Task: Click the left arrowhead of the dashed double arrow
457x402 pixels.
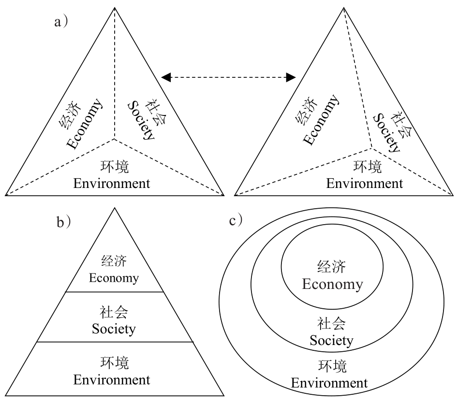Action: point(166,76)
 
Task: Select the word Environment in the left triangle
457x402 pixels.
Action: point(112,184)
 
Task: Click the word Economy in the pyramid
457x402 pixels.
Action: point(114,278)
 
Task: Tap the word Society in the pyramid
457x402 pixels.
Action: point(114,329)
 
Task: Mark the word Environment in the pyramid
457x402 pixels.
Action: point(112,380)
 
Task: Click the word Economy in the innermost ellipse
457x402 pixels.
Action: point(332,284)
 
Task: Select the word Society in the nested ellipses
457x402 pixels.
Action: point(332,340)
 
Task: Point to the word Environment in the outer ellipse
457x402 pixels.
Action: point(329,384)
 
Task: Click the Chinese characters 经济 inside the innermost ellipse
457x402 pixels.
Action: point(332,267)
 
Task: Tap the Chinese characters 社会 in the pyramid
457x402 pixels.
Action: point(114,312)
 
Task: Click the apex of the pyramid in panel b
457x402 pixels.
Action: point(115,208)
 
